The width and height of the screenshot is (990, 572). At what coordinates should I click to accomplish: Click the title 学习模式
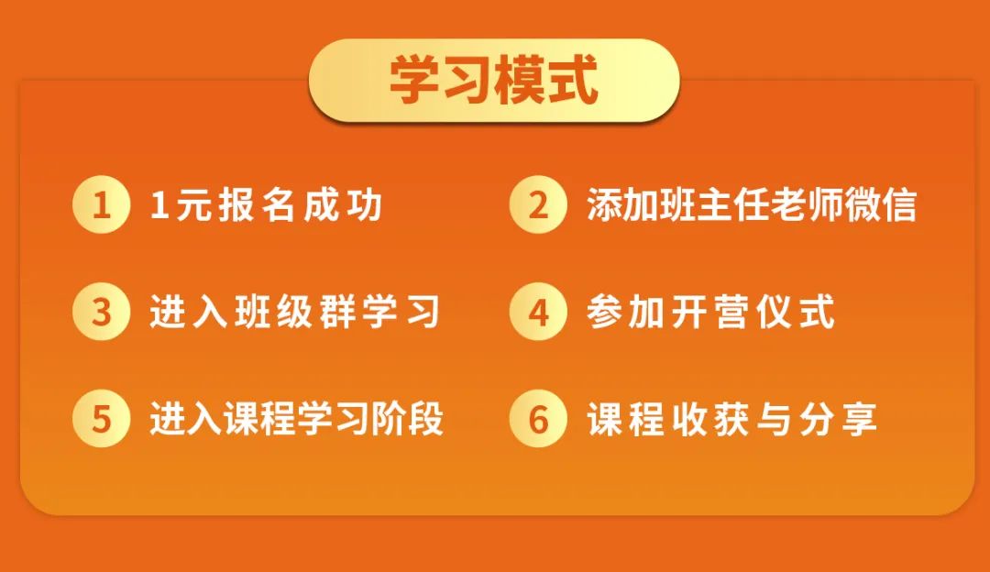[x=494, y=80]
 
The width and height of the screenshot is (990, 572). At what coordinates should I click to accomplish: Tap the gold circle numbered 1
[x=101, y=205]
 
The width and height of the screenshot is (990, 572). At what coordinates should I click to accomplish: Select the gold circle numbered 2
[x=538, y=205]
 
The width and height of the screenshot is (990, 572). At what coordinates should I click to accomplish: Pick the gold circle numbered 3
[x=101, y=312]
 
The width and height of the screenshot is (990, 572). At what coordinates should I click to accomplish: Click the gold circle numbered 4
[x=538, y=312]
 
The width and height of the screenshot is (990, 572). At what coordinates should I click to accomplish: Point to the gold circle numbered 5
[x=101, y=419]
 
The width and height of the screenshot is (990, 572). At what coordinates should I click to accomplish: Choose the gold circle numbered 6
[x=538, y=419]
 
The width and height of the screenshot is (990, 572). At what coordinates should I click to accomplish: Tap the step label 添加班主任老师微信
[x=752, y=205]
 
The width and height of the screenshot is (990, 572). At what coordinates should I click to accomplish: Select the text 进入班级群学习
[x=295, y=312]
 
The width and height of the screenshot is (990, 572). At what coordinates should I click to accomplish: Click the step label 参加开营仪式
[x=711, y=312]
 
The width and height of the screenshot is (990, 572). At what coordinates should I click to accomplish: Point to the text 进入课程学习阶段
[x=297, y=419]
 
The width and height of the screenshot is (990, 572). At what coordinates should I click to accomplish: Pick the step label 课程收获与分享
[x=732, y=419]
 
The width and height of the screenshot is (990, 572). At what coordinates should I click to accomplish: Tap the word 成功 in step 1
[x=343, y=205]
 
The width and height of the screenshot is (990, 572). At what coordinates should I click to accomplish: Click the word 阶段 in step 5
[x=407, y=419]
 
